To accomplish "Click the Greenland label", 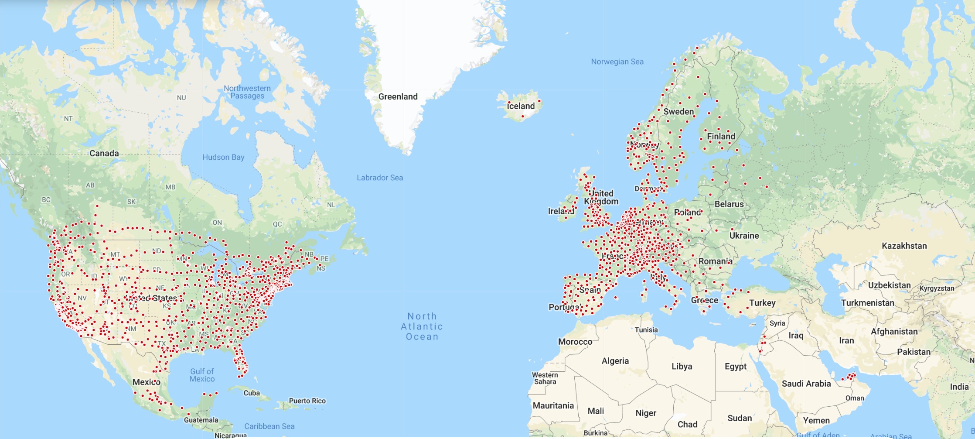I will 398,96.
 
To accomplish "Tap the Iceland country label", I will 521,106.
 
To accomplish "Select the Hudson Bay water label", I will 223,157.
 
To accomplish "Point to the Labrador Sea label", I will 380,178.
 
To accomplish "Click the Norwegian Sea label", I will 617,62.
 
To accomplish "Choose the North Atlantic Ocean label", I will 422,326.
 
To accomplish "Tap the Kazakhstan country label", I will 904,246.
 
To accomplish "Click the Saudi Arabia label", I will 806,384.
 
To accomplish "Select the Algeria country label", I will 615,361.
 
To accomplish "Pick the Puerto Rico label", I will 307,401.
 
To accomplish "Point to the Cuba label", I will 252,393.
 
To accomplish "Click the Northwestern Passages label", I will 247,92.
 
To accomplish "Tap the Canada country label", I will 104,153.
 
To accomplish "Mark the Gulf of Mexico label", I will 202,375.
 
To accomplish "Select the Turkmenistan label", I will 867,303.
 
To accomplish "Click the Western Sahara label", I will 545,378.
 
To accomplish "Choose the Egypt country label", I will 735,366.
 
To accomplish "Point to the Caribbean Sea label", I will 269,426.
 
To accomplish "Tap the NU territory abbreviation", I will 181,98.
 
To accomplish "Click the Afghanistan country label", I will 894,332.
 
